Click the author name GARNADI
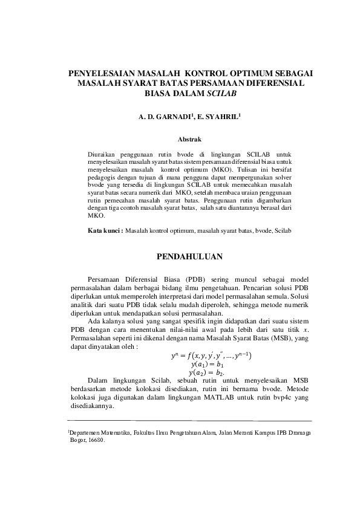tap(175, 114)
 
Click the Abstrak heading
tap(189, 140)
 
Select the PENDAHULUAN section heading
tap(189, 258)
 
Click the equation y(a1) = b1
tap(207, 365)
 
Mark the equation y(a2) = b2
tap(207, 374)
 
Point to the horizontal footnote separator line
tap(189, 421)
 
